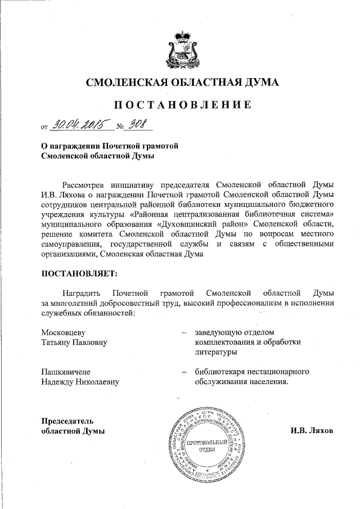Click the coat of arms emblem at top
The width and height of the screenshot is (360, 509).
click(181, 48)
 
